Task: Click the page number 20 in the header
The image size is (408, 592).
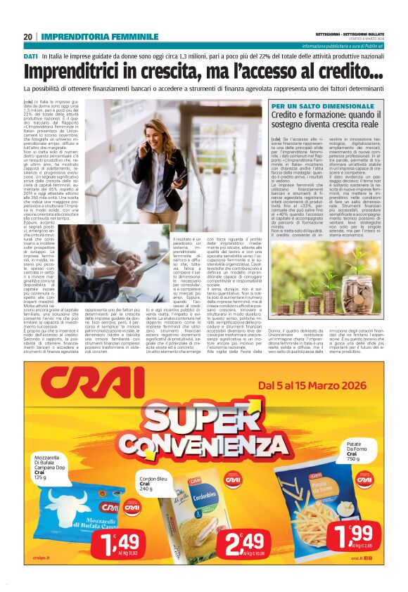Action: coord(27,37)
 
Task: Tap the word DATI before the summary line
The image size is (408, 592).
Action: coord(30,55)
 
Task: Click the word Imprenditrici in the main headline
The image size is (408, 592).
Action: coord(77,72)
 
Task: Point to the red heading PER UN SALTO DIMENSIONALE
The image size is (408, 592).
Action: coord(314,105)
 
